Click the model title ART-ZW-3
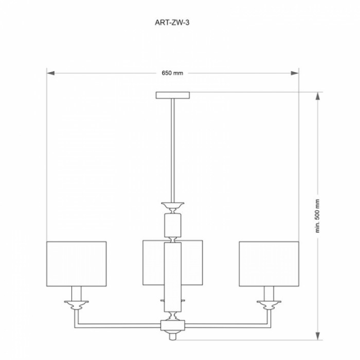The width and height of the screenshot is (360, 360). click(x=172, y=23)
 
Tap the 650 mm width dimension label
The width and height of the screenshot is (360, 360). click(x=172, y=73)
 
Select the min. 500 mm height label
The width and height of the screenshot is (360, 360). click(x=317, y=216)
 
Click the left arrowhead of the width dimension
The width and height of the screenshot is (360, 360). click(x=50, y=73)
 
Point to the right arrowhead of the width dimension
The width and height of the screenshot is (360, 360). click(x=295, y=73)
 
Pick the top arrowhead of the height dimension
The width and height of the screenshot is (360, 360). click(x=317, y=96)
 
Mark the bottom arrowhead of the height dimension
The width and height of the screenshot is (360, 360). click(x=317, y=336)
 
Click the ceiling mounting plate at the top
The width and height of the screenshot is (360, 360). click(x=173, y=95)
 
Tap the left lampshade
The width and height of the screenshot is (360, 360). click(x=77, y=264)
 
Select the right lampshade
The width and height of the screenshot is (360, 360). click(x=269, y=264)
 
